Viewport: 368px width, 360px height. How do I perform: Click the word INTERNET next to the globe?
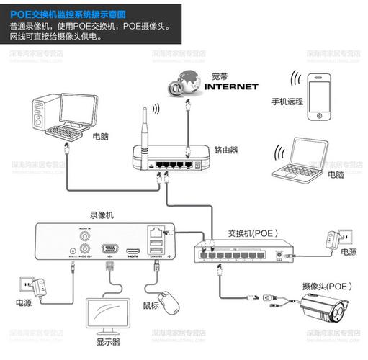point(231,87)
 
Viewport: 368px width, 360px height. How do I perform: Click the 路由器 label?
point(226,150)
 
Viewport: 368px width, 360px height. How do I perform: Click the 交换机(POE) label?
point(253,233)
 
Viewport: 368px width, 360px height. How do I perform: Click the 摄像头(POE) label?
point(327,286)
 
